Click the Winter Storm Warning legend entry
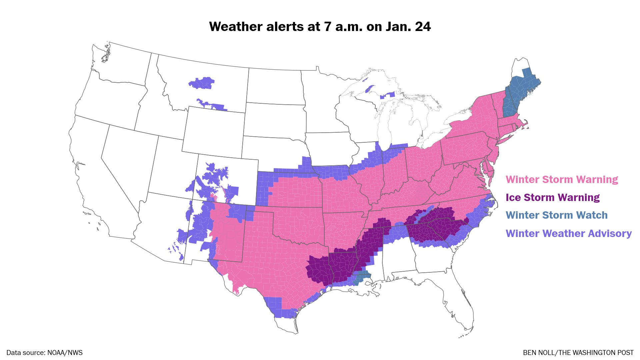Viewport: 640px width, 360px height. pos(562,180)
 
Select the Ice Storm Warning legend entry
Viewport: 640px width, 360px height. pos(552,197)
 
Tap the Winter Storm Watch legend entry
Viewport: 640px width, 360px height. pos(556,215)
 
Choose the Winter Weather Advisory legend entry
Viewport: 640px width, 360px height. pos(568,233)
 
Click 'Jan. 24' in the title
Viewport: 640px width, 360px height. pos(408,27)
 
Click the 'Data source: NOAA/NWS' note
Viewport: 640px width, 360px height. pos(44,353)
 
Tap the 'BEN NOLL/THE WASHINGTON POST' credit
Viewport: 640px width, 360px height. pos(578,353)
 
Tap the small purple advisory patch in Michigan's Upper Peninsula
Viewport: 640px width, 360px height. pos(388,96)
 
